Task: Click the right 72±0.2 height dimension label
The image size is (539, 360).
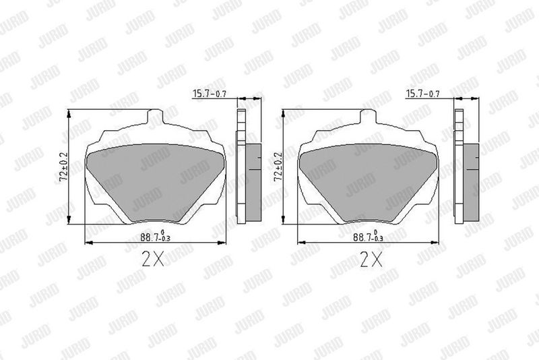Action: tap(278, 167)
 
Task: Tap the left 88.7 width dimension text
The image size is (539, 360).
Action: tap(156, 237)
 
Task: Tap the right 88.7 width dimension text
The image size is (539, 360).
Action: tap(368, 237)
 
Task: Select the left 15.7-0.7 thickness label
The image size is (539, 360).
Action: tap(210, 93)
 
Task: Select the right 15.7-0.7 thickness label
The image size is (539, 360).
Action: tap(423, 93)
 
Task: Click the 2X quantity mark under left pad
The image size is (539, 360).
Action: tap(153, 259)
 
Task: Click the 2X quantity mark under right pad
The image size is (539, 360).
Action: tap(371, 259)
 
